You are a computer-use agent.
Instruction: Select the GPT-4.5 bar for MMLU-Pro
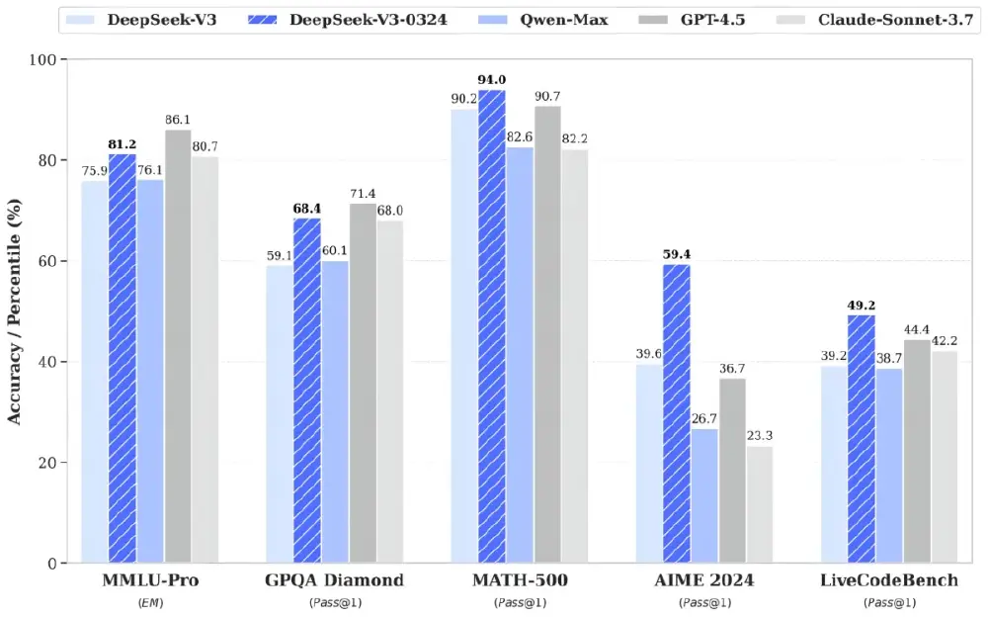[x=178, y=346]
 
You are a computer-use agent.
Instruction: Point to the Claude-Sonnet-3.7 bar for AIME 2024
[x=760, y=504]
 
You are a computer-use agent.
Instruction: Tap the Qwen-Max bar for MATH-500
[x=520, y=355]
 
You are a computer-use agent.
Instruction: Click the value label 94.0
[x=492, y=81]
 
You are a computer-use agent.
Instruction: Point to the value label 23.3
[x=760, y=435]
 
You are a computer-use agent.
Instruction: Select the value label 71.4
[x=363, y=194]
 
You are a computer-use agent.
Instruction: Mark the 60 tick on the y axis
[x=50, y=261]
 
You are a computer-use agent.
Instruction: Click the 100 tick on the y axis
[x=46, y=60]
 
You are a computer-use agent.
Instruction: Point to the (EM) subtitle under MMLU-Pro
[x=150, y=602]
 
